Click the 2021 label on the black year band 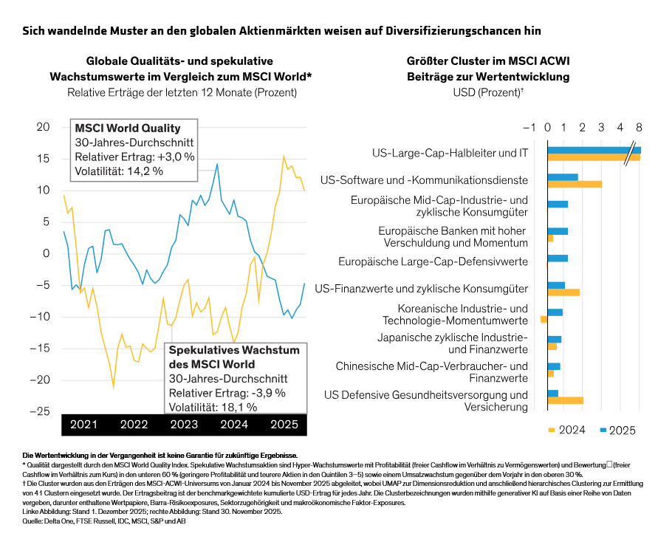pos(83,425)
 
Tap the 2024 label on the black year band pos(233,425)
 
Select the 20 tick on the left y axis pos(43,127)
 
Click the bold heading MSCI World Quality pos(127,128)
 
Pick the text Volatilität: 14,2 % pos(119,171)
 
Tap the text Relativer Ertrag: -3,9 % pos(227,392)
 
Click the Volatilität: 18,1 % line pos(213,406)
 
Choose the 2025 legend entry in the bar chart pos(618,431)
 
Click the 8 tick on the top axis pos(639,126)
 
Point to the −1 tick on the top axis pos(529,126)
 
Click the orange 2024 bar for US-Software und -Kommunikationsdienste pos(574,184)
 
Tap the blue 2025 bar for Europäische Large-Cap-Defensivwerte pos(558,258)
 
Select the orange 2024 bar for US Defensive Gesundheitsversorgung pos(565,400)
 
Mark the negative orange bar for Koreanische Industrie pos(544,320)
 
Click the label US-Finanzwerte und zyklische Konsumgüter pos(421,288)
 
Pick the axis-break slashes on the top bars pos(629,154)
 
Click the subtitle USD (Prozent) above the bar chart pos(488,93)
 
